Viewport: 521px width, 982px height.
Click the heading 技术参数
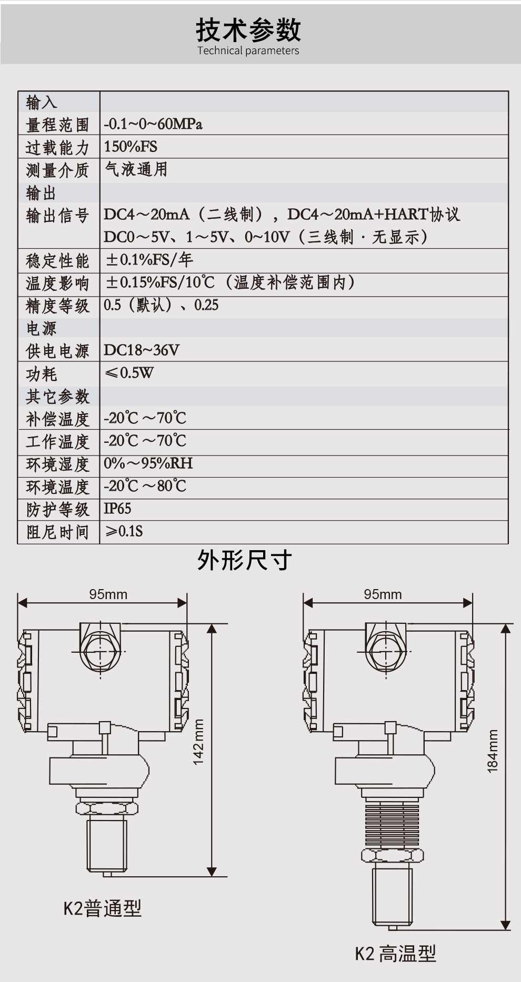pyautogui.click(x=248, y=30)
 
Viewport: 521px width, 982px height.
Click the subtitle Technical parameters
pyautogui.click(x=248, y=51)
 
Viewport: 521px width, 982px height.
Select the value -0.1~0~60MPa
pyautogui.click(x=153, y=124)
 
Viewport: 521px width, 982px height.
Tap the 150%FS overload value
pyautogui.click(x=131, y=147)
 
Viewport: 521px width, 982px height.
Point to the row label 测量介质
pyautogui.click(x=58, y=170)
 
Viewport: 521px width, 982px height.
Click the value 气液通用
pyautogui.click(x=136, y=169)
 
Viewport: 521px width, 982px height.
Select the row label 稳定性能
pyautogui.click(x=58, y=260)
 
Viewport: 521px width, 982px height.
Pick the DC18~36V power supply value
pyautogui.click(x=142, y=350)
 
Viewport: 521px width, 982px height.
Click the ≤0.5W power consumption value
pyautogui.click(x=129, y=373)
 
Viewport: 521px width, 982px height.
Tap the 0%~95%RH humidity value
pyautogui.click(x=148, y=463)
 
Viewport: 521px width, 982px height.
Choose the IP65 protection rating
pyautogui.click(x=117, y=509)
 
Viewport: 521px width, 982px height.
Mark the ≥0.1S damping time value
pyautogui.click(x=124, y=531)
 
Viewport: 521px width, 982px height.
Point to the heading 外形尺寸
pyautogui.click(x=245, y=560)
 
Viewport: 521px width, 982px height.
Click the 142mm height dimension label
pyautogui.click(x=198, y=742)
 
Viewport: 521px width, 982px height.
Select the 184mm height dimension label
pyautogui.click(x=492, y=751)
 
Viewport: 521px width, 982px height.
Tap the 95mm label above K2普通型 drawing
pyautogui.click(x=108, y=594)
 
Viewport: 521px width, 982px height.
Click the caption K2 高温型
pyautogui.click(x=396, y=954)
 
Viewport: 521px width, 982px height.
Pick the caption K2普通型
pyautogui.click(x=103, y=908)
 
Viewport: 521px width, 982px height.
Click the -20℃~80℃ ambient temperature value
pyautogui.click(x=145, y=486)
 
